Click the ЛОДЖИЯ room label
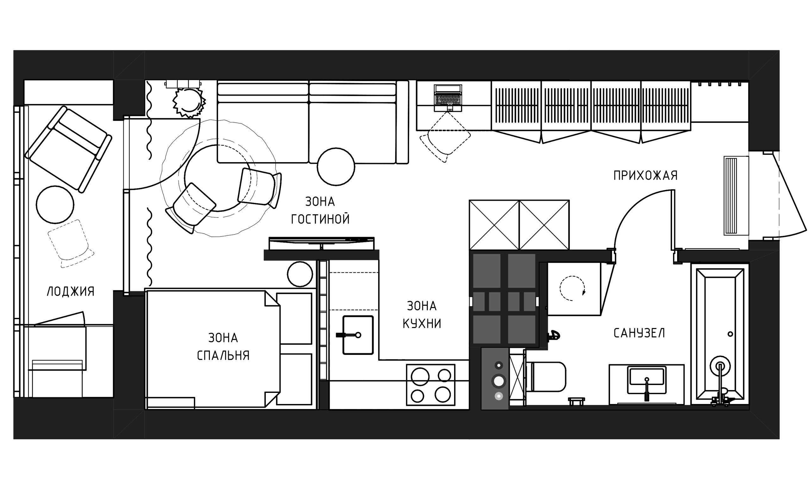(71, 292)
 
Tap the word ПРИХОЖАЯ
(645, 176)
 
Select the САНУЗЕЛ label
(639, 333)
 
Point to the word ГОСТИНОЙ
(320, 219)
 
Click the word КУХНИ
(422, 324)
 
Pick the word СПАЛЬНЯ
(223, 356)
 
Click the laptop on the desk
(448, 98)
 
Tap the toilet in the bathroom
(546, 377)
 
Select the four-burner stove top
(431, 385)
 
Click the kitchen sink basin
(358, 335)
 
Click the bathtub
(720, 336)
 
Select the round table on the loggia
(55, 205)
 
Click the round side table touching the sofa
(336, 167)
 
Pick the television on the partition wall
(321, 244)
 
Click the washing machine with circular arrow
(574, 289)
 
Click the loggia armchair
(68, 149)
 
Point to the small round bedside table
(300, 274)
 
